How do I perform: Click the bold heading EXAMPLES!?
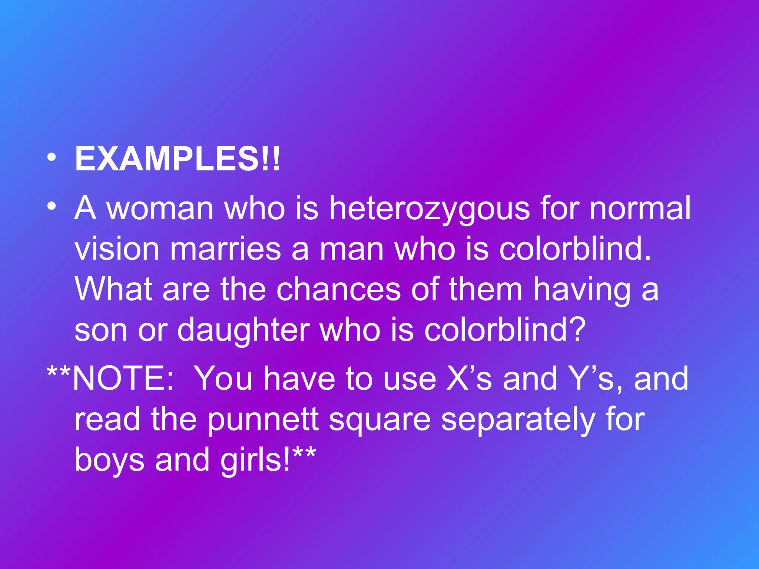(177, 159)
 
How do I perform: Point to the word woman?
(160, 208)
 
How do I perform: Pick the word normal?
(640, 208)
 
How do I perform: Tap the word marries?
(225, 249)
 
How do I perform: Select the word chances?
(338, 289)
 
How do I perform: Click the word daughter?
(243, 330)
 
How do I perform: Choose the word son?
(101, 330)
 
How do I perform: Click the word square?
(380, 420)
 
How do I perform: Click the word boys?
(109, 460)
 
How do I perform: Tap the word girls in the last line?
(255, 460)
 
